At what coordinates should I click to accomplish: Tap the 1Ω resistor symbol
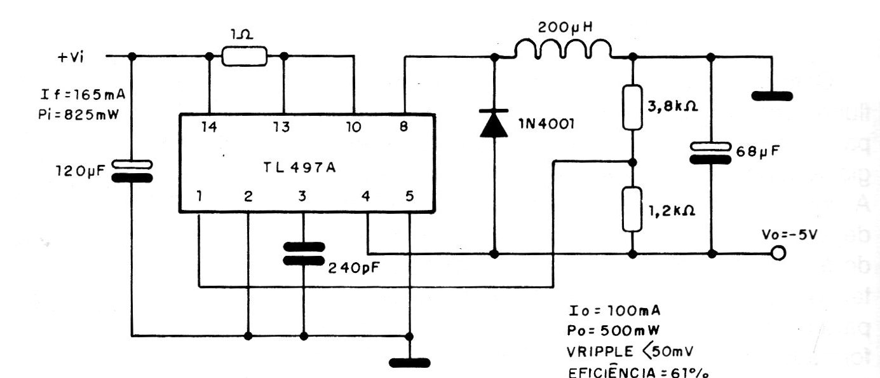245,56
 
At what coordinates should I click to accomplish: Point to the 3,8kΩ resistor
633,107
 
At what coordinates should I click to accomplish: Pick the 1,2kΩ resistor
633,209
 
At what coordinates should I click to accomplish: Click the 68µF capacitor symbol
712,152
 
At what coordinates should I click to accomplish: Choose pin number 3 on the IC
302,196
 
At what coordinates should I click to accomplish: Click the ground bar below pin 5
410,363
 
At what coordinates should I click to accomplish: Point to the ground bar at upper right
771,97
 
